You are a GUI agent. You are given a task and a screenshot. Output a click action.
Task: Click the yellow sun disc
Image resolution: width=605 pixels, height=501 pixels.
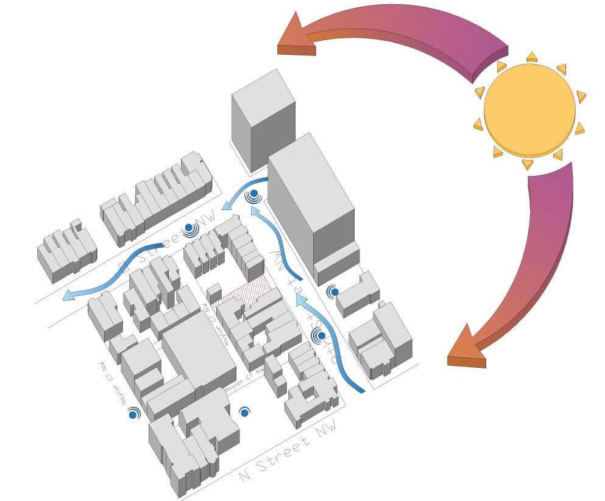(529, 108)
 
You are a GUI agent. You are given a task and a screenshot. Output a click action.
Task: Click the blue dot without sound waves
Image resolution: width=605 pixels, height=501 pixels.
(244, 413)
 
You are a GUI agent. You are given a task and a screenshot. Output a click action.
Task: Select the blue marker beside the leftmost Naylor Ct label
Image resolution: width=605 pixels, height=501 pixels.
(133, 414)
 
